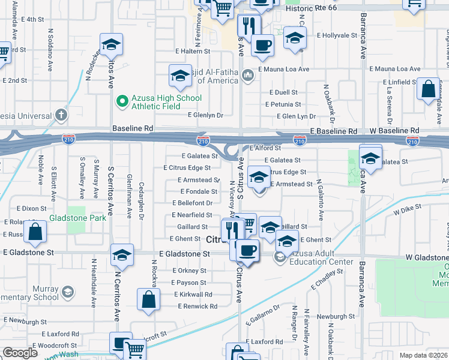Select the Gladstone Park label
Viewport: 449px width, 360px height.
[77, 217]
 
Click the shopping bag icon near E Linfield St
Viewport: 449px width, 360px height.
[429, 89]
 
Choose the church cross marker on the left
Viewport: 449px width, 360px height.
[61, 114]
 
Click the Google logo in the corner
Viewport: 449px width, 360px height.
[20, 353]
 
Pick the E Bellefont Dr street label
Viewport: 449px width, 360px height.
[192, 203]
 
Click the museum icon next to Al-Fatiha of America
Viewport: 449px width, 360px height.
[247, 74]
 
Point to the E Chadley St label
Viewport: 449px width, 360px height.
[325, 276]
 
